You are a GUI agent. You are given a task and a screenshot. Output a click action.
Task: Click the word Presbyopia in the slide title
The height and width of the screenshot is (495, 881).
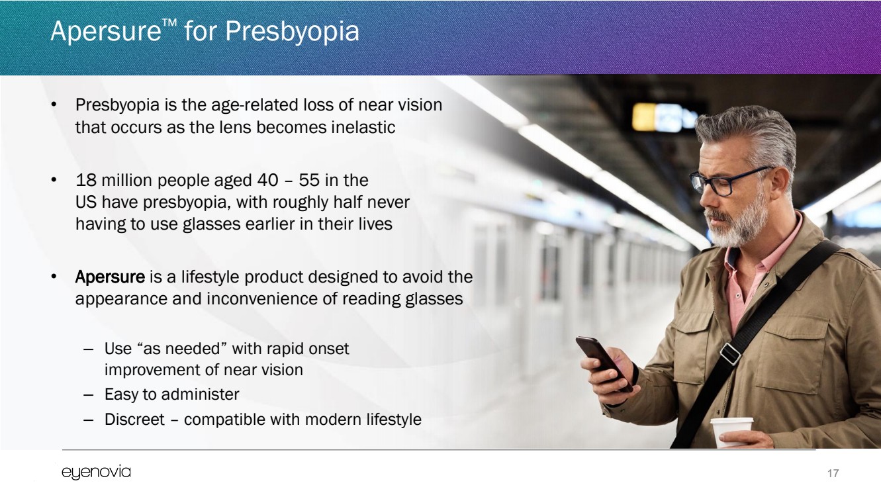pos(292,32)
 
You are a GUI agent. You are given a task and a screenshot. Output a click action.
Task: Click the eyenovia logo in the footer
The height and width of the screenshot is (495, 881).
pos(96,472)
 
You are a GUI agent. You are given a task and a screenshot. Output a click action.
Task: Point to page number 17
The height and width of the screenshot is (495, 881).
pos(833,473)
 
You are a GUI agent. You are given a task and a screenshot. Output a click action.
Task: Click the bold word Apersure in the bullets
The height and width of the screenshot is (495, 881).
pos(110,277)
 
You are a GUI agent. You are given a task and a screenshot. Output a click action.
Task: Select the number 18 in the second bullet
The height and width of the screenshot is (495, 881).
pos(86,180)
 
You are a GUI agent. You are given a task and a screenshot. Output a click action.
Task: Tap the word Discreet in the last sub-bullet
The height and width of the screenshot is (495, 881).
pos(134,419)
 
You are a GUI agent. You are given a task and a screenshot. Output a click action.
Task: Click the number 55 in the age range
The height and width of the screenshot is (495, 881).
pos(308,180)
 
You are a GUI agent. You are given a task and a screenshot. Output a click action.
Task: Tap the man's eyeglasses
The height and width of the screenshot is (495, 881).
pos(727,181)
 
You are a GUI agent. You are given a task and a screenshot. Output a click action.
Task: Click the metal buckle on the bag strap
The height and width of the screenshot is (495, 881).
pos(731,353)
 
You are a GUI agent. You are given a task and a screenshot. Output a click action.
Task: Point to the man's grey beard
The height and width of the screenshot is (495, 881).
pos(739,224)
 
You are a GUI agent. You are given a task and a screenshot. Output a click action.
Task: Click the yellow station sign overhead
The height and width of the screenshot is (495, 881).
pos(643,116)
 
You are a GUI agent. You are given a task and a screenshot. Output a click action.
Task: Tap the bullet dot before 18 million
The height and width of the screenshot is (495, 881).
pos(54,181)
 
